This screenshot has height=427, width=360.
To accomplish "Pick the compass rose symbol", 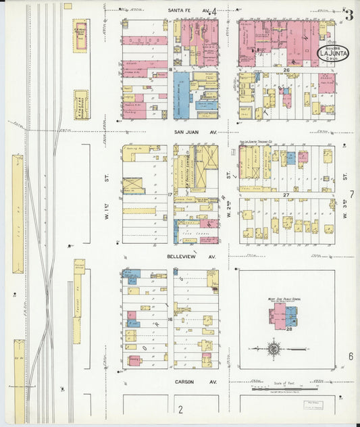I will pos(274,349).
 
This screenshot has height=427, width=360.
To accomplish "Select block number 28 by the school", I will pos(288,330).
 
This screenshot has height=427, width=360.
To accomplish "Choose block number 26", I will pos(286,70).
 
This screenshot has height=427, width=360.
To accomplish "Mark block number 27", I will pos(286,195).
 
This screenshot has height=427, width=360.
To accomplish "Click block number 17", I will pos(171,195).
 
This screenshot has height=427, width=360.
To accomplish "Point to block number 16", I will pos(171,320).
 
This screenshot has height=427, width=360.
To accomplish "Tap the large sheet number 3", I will pos(349,16).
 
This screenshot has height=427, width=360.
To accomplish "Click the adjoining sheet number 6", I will pos(351,356).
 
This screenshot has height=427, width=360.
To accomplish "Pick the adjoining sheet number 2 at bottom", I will pos(180,409).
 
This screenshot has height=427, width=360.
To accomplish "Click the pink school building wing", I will pos(278,315).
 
